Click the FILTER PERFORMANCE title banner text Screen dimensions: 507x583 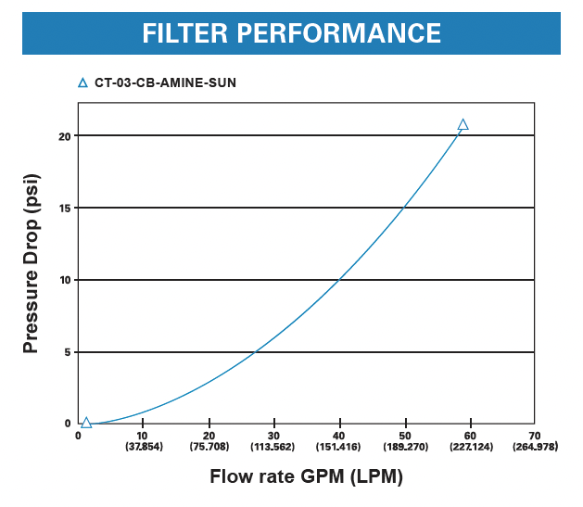click(291, 33)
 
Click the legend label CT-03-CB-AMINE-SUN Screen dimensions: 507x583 click(165, 82)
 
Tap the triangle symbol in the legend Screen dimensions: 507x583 click(82, 82)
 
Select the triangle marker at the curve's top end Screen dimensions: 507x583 click(463, 124)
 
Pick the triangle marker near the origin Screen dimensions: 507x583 click(86, 423)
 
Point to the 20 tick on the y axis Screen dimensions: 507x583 click(65, 136)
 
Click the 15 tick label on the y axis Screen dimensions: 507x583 click(65, 208)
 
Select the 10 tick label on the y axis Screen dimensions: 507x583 click(65, 280)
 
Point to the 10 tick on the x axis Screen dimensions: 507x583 click(143, 435)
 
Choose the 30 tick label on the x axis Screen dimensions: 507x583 click(273, 435)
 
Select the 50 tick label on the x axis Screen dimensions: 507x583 click(405, 435)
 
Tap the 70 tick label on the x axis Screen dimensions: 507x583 click(535, 435)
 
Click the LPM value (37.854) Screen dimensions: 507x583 click(144, 447)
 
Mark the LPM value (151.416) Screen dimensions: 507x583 click(339, 447)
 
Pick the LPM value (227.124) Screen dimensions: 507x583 click(470, 447)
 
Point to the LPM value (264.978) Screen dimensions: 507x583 click(535, 447)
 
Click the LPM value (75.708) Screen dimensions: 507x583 click(209, 447)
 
